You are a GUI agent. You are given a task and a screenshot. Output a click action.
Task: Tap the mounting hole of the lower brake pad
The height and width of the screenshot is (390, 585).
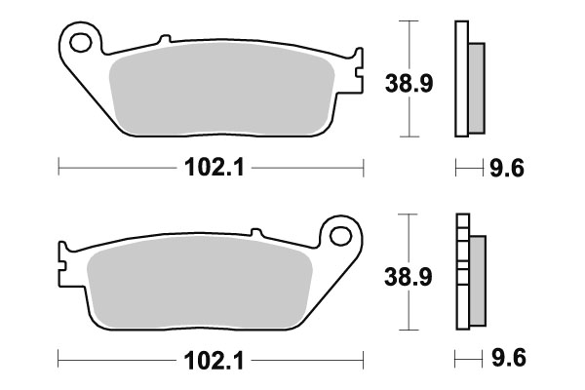pos(340,235)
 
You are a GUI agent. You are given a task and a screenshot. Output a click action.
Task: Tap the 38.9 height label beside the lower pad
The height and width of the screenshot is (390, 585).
pos(403,278)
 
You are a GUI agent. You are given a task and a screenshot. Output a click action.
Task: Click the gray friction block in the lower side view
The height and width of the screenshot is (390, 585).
pos(476,280)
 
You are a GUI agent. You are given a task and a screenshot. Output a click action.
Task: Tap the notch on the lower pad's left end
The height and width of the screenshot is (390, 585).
pos(62,264)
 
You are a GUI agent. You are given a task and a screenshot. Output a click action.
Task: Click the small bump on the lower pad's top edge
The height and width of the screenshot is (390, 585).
pos(256,232)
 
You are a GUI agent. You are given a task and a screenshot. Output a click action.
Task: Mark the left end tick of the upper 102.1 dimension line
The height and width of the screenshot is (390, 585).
pos(59,168)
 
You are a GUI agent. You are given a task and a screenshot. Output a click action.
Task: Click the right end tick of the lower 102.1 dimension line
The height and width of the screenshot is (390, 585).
pos(363,358)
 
